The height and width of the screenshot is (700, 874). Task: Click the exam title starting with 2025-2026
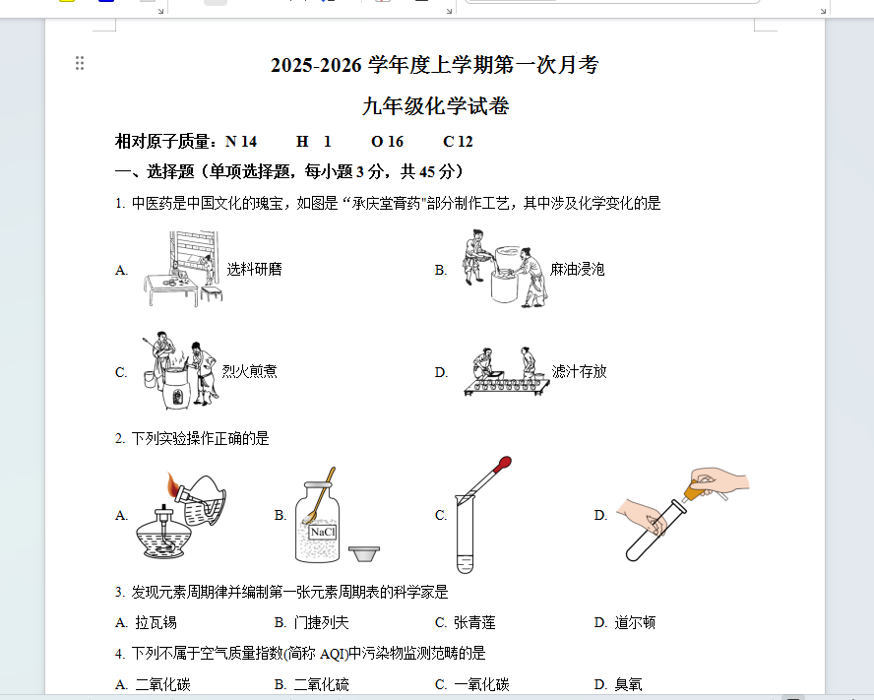[435, 65]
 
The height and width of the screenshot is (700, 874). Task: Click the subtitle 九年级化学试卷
[435, 106]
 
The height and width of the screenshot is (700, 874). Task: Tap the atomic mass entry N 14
[241, 142]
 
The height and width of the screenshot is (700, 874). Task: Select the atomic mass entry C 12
[458, 142]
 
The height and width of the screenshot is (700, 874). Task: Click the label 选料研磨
[254, 270]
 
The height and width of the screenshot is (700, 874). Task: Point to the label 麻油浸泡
[578, 270]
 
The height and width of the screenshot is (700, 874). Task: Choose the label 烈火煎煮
[249, 371]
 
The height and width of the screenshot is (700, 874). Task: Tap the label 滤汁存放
[579, 371]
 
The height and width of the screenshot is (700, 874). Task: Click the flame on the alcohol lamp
[173, 484]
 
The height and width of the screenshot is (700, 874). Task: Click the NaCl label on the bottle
[323, 532]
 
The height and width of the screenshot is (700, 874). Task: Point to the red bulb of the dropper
[505, 463]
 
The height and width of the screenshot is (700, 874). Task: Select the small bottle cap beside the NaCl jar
[364, 554]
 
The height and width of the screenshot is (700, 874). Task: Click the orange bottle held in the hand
[693, 491]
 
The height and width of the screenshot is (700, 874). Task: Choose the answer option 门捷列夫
[321, 622]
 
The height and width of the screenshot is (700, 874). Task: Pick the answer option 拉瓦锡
[156, 622]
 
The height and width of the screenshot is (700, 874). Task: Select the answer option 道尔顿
[635, 622]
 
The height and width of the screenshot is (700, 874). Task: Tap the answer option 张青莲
[474, 622]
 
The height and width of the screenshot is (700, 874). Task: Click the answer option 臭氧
[628, 684]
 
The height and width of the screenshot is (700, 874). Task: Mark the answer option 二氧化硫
[321, 684]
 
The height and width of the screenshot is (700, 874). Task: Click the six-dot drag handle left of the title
[80, 63]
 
